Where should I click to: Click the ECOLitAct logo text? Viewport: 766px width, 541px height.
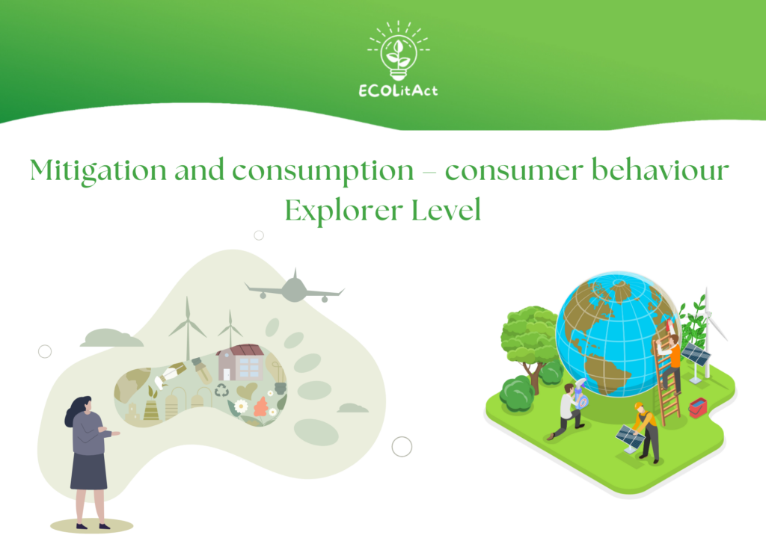[x=398, y=90]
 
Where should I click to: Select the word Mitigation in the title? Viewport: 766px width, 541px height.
[x=98, y=170]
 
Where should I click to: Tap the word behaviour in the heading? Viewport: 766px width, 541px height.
[x=660, y=170]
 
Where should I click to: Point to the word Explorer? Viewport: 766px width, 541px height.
[x=344, y=211]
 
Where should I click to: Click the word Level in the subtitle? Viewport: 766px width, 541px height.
[x=446, y=210]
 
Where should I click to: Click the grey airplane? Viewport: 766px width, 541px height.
[x=295, y=288]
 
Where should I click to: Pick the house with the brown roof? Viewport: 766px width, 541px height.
[x=241, y=362]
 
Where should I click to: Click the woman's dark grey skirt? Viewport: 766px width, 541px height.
[x=88, y=471]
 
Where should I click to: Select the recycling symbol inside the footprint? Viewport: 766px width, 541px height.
[x=221, y=390]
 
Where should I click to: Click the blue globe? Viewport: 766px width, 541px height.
[x=617, y=334]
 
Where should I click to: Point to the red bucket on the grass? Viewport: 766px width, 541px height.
[x=698, y=408]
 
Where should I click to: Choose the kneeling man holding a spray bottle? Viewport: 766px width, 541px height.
[x=568, y=409]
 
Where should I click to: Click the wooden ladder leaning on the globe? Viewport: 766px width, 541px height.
[x=667, y=380]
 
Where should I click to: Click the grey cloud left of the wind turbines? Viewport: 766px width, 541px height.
[x=112, y=338]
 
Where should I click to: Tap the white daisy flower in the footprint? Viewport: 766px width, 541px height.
[x=240, y=406]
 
